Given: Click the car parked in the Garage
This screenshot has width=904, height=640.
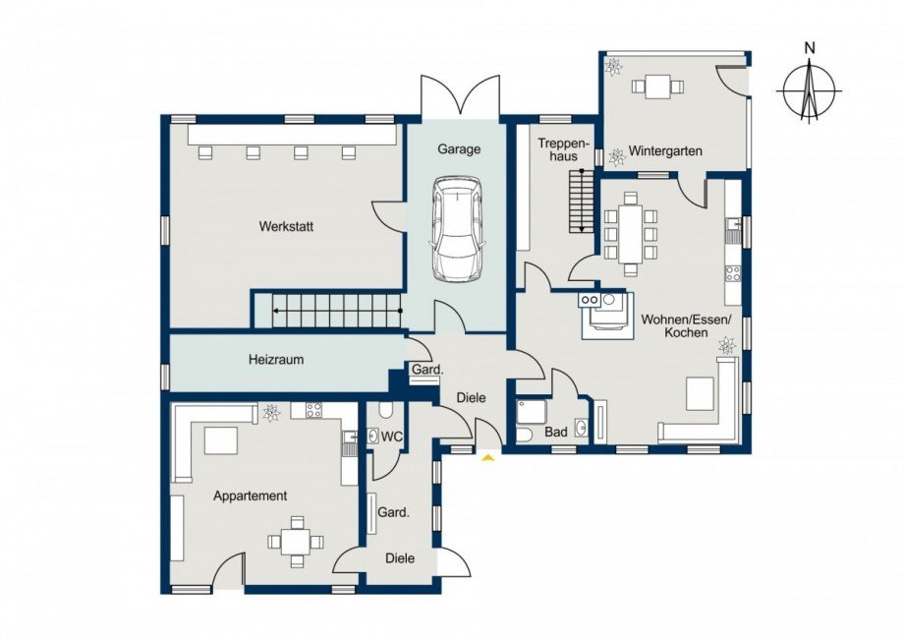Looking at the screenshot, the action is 456,229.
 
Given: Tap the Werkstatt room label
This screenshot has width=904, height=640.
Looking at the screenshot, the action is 286,226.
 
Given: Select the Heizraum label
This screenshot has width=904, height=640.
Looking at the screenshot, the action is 276,359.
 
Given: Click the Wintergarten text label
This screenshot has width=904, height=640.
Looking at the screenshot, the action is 665,151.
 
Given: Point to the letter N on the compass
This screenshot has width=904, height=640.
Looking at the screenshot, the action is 810,48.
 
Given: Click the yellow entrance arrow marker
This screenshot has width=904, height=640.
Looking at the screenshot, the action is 489,458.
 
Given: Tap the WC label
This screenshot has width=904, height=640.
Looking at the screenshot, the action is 392,437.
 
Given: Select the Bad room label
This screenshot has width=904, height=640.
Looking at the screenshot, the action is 556,432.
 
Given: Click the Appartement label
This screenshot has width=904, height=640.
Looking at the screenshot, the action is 251,495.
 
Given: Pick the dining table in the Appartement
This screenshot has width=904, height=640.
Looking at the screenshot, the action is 296,543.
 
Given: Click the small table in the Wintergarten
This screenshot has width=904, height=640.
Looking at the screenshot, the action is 657,87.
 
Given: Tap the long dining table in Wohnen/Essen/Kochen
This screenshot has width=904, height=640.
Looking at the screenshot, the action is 631,234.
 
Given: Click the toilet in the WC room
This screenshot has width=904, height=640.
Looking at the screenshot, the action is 386,410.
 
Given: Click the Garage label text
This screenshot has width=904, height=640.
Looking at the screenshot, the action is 459,149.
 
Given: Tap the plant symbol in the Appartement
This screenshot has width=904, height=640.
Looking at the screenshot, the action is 271,413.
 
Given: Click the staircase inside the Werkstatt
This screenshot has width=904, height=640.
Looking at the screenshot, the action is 328,311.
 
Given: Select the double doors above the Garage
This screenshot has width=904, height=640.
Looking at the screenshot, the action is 460,95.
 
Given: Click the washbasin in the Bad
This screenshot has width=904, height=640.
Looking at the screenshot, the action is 581,428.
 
